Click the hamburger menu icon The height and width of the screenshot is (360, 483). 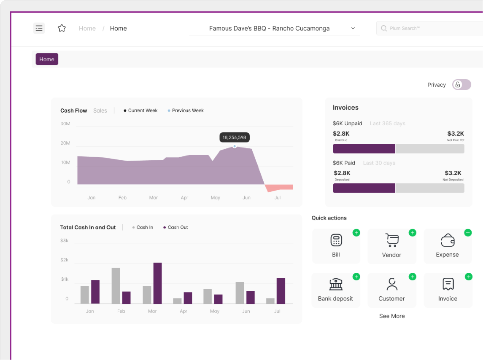point(39,28)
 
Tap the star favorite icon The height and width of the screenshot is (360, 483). point(62,28)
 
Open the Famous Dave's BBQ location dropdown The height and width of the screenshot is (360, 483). point(275,29)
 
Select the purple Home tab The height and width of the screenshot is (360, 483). point(47,59)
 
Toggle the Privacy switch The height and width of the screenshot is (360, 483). point(461,85)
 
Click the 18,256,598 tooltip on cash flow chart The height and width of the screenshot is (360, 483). point(235,137)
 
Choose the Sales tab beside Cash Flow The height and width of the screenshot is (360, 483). point(100,110)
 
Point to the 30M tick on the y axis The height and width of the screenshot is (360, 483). point(65,124)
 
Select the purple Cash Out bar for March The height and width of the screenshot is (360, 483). point(157,283)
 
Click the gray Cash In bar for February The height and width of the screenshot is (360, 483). point(116,285)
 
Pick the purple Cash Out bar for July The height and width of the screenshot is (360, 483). point(281,290)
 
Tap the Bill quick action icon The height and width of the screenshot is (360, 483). point(336,240)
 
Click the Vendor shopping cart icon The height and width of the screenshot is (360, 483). point(392,240)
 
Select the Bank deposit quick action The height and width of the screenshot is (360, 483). point(335,290)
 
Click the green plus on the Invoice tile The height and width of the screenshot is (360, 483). point(468,277)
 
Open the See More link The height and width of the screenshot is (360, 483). point(392,316)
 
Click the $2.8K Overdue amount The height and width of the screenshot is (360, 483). point(341,134)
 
